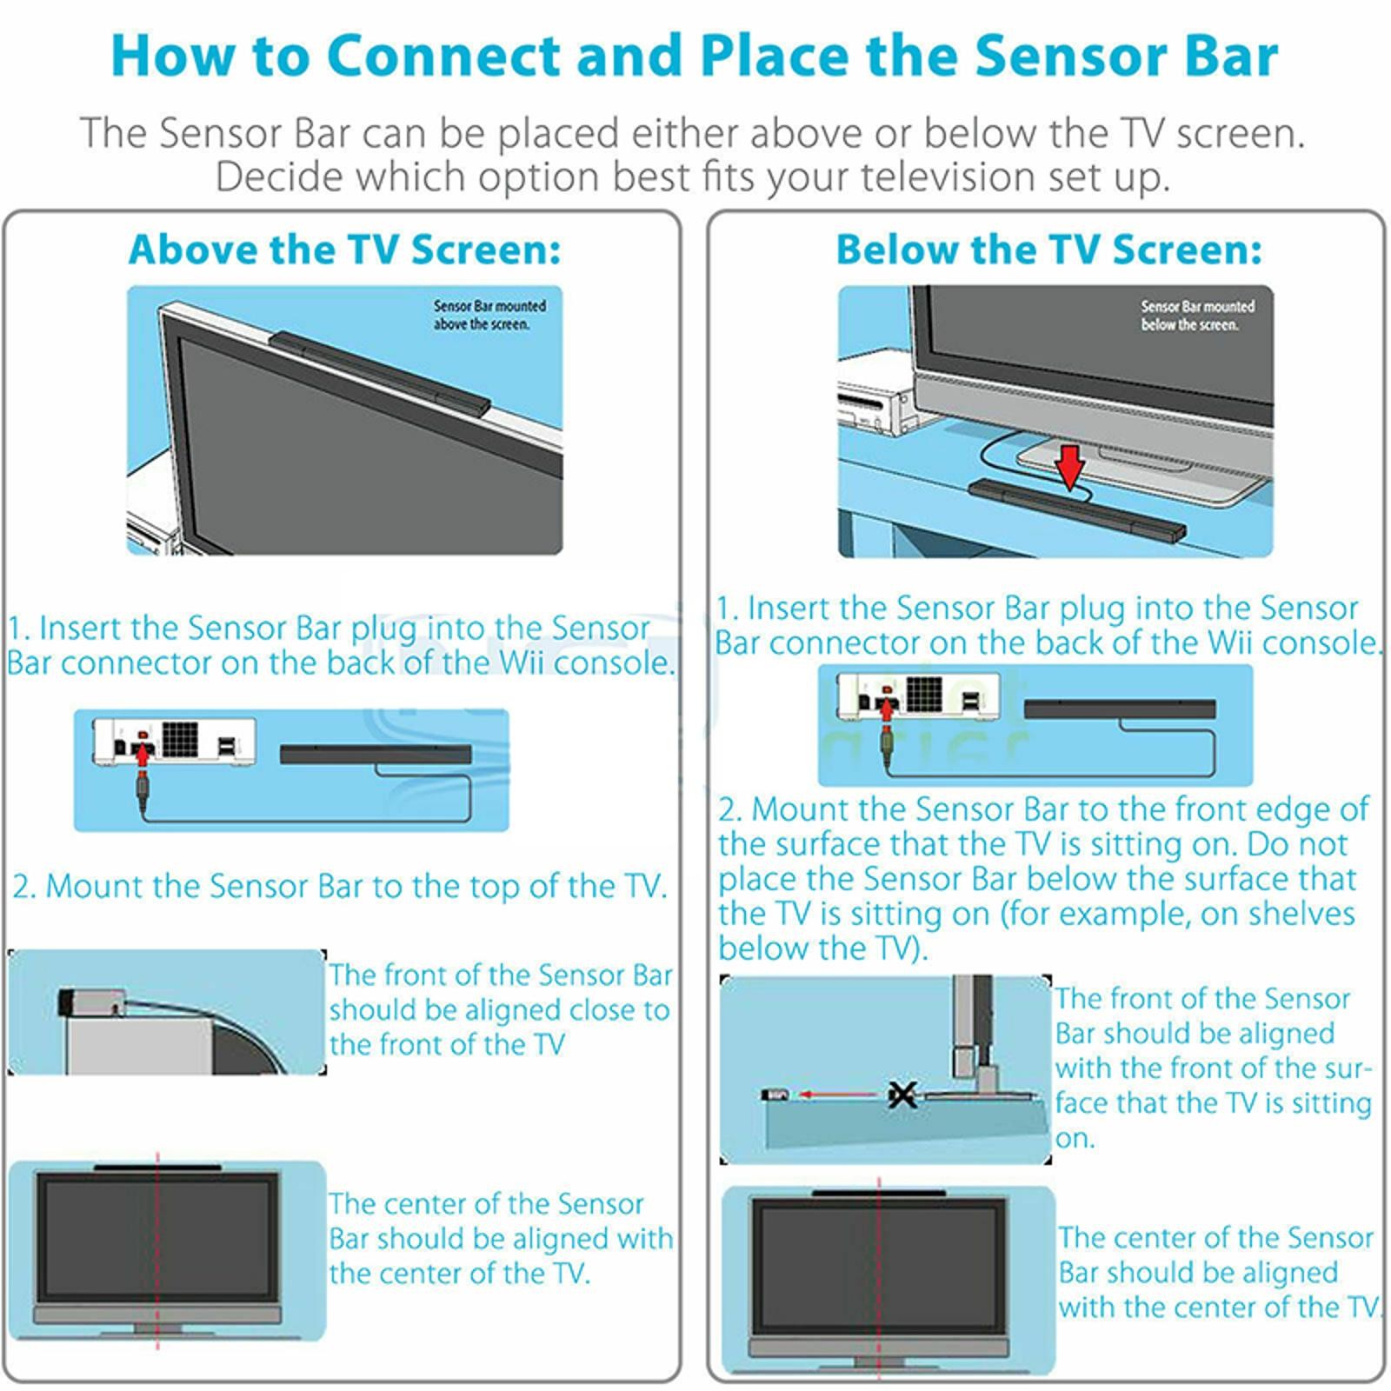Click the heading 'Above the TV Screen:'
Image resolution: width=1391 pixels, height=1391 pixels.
[344, 250]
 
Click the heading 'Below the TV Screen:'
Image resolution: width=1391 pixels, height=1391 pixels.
[1048, 250]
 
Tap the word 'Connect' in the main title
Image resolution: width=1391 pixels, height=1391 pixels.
[443, 56]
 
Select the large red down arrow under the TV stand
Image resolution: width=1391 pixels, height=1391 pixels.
[1070, 467]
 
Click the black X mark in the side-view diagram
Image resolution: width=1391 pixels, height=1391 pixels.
[902, 1094]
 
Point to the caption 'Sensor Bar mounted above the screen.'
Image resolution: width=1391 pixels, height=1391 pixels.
[489, 315]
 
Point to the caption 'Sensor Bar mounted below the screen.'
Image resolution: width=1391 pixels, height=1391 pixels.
[1196, 316]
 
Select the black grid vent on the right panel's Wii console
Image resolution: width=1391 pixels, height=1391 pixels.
[924, 693]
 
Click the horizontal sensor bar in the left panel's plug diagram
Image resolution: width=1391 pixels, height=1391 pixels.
[375, 754]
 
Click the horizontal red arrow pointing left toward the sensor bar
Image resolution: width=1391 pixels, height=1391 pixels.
[838, 1095]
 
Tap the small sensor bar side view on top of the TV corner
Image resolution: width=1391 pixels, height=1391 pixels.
[91, 1002]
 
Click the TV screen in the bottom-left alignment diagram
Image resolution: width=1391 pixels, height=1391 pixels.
[157, 1235]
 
